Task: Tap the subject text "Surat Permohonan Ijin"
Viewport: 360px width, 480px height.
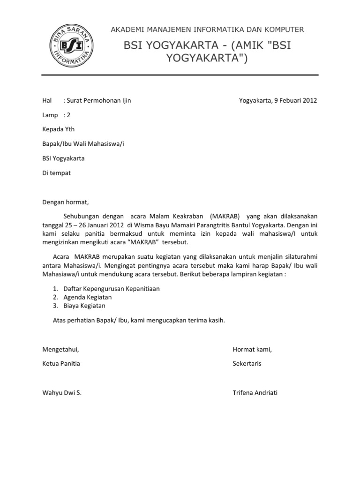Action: (x=99, y=100)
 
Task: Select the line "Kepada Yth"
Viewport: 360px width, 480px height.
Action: (x=58, y=129)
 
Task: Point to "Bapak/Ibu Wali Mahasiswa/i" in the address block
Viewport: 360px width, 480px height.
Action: (x=83, y=143)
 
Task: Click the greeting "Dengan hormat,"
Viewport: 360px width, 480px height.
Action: (x=65, y=202)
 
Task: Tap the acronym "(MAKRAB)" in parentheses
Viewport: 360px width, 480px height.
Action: (x=225, y=216)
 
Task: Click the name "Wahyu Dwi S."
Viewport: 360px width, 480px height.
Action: (x=62, y=392)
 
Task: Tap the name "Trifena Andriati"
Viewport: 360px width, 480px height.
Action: (x=255, y=392)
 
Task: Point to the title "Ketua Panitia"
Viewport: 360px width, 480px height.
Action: (x=61, y=363)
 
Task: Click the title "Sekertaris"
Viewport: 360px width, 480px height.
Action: (x=247, y=363)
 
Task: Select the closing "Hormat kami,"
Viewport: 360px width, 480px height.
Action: (x=252, y=349)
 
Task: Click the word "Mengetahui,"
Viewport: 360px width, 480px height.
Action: (x=60, y=349)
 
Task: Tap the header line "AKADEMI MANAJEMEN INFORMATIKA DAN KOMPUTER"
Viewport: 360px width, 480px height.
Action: (x=207, y=30)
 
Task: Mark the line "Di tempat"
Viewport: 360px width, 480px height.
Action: (x=56, y=172)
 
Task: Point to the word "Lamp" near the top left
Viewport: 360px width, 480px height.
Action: (x=50, y=115)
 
